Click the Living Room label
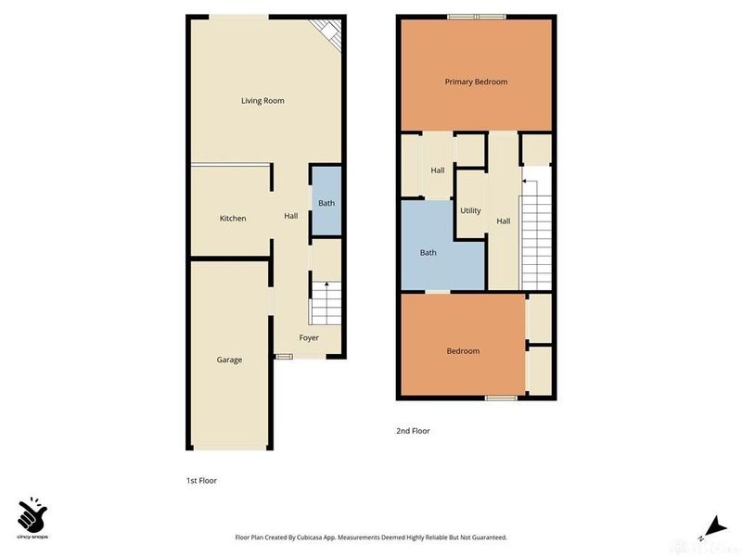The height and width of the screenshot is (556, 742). [262, 100]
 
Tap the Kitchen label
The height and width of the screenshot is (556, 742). [233, 219]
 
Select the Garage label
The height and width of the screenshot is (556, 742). [229, 360]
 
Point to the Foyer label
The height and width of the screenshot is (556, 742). [309, 338]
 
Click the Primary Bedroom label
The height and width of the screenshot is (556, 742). [476, 82]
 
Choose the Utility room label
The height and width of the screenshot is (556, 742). [470, 210]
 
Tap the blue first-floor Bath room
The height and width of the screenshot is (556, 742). [326, 203]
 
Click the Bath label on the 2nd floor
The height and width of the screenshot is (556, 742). [428, 252]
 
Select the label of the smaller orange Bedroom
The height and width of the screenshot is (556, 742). [463, 351]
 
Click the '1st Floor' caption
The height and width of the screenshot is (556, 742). [201, 481]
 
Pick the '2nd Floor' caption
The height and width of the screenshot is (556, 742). [413, 431]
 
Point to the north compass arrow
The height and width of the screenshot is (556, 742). [711, 524]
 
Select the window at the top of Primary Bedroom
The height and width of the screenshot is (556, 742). [476, 16]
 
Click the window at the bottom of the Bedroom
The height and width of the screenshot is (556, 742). [501, 398]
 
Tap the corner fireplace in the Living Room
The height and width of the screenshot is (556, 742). [326, 32]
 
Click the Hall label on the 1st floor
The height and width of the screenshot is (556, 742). [290, 216]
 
